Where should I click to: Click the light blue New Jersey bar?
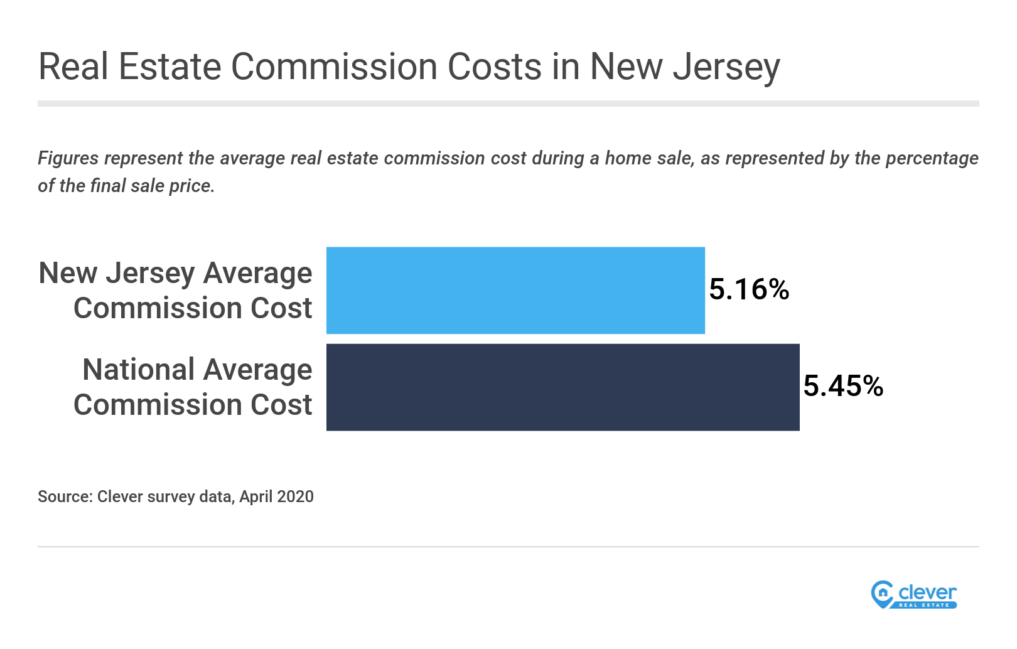pos(515,290)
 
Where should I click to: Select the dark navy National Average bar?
pos(562,387)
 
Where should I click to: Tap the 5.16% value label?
pos(749,289)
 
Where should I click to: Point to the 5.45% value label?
pos(843,386)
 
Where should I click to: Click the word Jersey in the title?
pos(726,67)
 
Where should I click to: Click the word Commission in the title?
pos(334,67)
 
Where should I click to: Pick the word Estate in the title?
pos(169,67)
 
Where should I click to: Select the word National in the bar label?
pos(139,370)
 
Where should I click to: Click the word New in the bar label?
pos(68,274)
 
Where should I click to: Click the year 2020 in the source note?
pos(295,496)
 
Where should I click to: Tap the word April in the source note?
pos(256,496)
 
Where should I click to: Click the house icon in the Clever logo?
pos(883,592)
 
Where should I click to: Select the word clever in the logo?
pos(927,592)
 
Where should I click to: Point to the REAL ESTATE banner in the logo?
pos(924,605)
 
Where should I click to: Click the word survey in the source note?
pos(171,496)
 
